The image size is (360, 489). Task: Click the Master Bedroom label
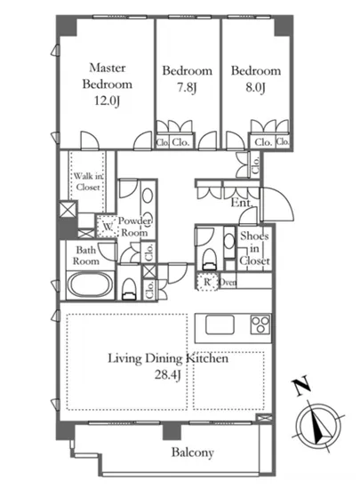108,76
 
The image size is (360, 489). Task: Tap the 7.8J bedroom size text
187,88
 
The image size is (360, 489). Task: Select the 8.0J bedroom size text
255,88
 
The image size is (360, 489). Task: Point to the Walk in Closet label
88,181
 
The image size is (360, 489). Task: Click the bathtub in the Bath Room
91,285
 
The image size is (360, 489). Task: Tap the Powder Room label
134,227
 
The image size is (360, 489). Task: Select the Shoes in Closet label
254,248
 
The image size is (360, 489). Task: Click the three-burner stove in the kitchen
260,325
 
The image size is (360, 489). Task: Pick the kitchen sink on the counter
220,325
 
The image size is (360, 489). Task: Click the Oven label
228,283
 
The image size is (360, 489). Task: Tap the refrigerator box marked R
207,282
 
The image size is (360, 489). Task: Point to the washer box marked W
107,227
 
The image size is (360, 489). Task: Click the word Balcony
193,453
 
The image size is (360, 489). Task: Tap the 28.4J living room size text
168,375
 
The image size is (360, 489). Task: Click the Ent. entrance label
241,203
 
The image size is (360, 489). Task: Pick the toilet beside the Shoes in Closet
210,260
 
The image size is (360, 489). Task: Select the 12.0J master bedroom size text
107,100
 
